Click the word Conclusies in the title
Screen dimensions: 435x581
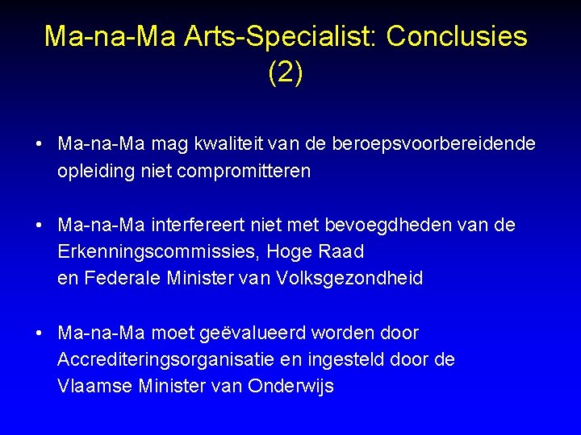[x=457, y=36]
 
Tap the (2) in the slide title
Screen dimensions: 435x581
[x=286, y=72]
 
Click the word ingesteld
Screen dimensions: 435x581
[x=357, y=359]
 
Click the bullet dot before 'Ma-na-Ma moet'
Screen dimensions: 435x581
[x=39, y=333]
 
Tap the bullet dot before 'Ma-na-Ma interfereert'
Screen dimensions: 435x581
[x=39, y=225]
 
